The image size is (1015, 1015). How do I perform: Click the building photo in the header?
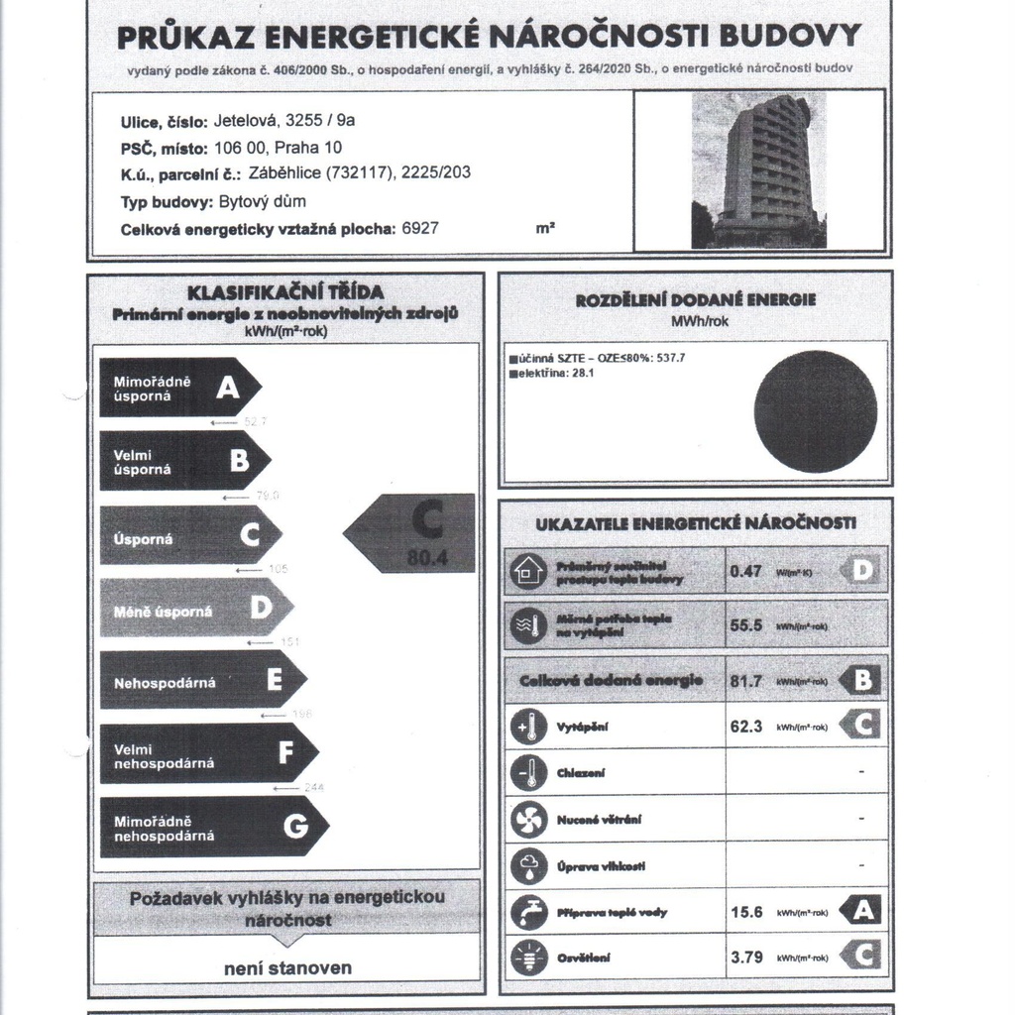point(758,169)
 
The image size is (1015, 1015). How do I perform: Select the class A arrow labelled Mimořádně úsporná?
point(179,388)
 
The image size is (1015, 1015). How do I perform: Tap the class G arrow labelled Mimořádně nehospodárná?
point(213,828)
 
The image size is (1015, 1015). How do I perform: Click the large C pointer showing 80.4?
point(411,533)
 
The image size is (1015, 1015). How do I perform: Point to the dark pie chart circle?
point(815,410)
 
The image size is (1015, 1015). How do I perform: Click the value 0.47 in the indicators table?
point(745,571)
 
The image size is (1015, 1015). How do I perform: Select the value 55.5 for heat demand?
point(745,625)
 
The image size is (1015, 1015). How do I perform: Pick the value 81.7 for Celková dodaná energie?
point(745,681)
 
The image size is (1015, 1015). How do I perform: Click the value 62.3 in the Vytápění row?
point(745,727)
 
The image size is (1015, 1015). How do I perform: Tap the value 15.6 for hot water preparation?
point(746,912)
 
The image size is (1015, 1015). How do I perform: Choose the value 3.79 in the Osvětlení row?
point(746,958)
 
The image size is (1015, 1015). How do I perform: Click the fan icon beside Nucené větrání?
point(528,820)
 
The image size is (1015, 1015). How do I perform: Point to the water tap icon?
point(528,912)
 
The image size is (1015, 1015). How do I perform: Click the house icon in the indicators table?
point(527,572)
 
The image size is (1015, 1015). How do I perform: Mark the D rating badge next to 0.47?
point(860,571)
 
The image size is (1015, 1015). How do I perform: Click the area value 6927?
point(420,228)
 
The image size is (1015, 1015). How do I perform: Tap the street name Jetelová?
point(245,122)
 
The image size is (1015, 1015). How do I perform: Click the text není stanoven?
point(287,967)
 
